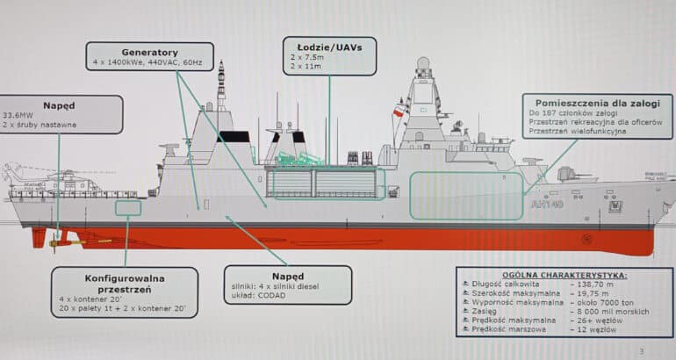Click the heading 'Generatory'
click(x=149, y=52)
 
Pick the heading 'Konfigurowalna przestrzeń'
click(x=126, y=284)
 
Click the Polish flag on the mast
click(x=399, y=112)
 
